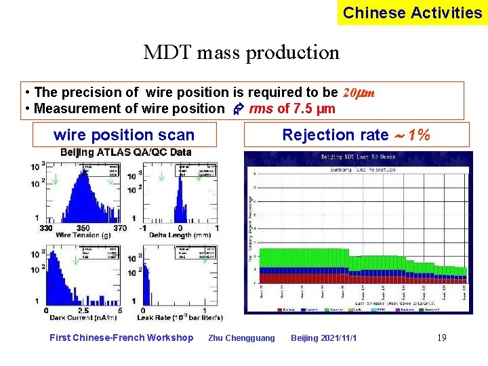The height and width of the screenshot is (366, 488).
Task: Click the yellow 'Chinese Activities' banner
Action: point(412,13)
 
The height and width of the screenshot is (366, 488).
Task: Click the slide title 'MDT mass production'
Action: point(241,52)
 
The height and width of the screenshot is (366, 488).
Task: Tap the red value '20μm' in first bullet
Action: point(360,92)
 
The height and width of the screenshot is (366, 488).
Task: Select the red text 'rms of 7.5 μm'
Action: point(292,109)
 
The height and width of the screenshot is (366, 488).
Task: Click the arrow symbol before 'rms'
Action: point(238,109)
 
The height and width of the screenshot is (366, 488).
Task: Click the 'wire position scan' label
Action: point(124,136)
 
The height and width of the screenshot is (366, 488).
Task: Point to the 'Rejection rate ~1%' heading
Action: point(356,135)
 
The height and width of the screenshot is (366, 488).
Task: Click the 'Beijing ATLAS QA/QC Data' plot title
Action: point(126,152)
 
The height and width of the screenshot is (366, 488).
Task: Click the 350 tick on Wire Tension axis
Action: point(83,227)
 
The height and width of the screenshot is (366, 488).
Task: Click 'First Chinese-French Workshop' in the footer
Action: point(121,338)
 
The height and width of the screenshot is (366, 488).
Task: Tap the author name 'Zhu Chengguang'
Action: point(242,338)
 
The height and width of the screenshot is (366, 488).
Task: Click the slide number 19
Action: point(442,338)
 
